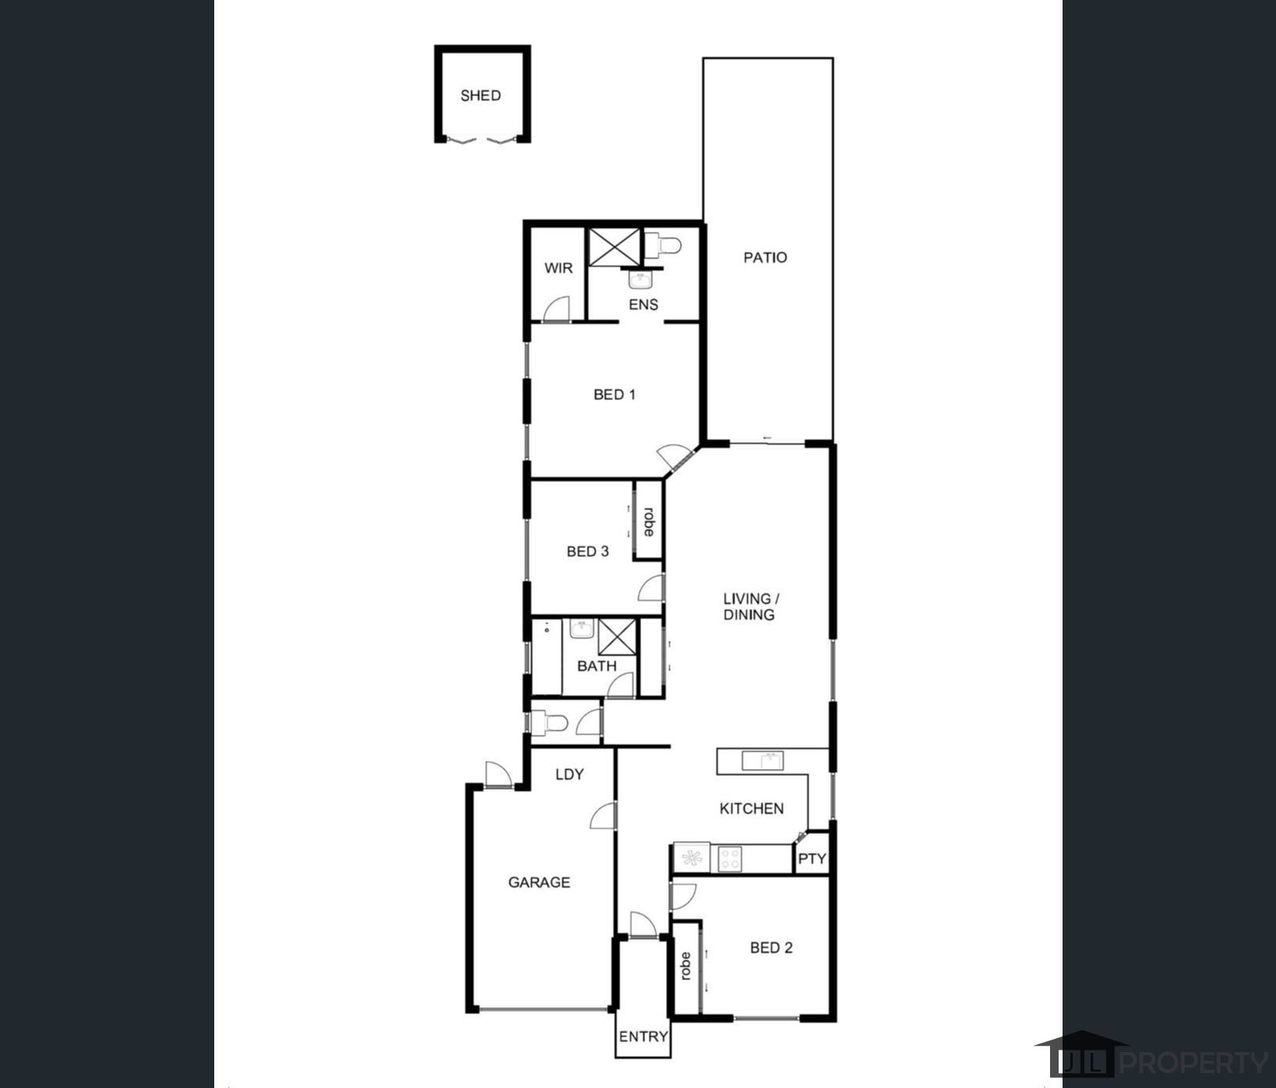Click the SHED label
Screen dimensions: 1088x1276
click(480, 96)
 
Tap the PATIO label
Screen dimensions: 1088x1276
click(765, 257)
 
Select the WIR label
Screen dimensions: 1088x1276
click(558, 268)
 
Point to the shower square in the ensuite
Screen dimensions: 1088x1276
click(614, 247)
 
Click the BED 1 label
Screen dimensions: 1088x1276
click(614, 395)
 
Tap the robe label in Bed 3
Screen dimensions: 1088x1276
click(648, 521)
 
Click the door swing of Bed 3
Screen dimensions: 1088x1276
click(652, 588)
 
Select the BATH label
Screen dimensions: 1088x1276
click(597, 666)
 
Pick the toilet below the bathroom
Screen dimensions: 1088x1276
click(550, 723)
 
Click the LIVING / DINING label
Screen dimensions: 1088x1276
click(750, 607)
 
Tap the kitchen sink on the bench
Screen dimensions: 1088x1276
click(762, 760)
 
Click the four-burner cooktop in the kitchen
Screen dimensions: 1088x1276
click(729, 859)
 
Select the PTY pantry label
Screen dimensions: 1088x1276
click(812, 859)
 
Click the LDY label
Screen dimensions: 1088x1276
click(569, 775)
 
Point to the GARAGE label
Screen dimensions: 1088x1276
click(539, 882)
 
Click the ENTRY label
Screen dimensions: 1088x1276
click(643, 1036)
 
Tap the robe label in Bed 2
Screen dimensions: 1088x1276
click(686, 966)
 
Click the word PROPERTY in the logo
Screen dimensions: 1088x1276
click(1195, 1062)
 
